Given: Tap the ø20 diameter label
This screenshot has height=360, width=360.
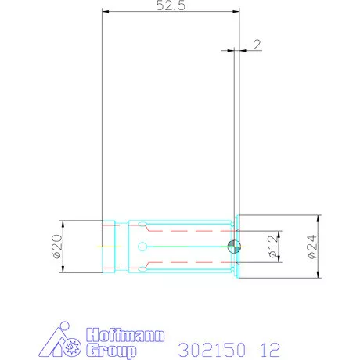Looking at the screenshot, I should coord(57,247).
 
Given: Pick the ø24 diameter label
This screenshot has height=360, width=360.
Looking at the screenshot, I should coord(311,247).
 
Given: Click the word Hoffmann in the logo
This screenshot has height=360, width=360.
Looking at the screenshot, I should coord(124,334).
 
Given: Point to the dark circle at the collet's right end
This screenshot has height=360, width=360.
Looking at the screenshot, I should coord(233,247).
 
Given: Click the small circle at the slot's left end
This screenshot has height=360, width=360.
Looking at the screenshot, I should coord(142,247).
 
